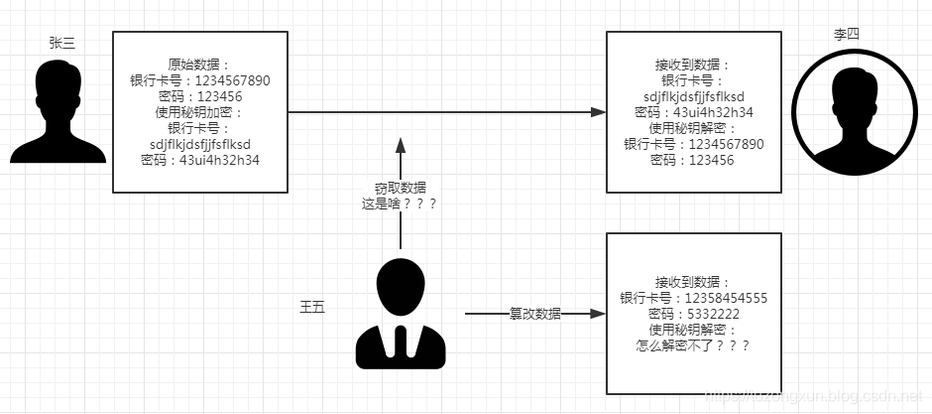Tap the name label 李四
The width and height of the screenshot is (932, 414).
click(x=846, y=33)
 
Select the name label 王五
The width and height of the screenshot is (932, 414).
click(x=312, y=306)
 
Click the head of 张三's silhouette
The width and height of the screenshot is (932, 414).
click(x=58, y=82)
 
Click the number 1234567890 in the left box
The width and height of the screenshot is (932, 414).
click(x=227, y=81)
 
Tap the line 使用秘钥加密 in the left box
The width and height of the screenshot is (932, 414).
click(x=198, y=112)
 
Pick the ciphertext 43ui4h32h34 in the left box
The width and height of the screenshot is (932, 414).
click(x=219, y=160)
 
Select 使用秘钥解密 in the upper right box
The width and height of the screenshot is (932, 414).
click(x=693, y=128)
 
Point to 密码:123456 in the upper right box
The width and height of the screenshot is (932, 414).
click(x=693, y=160)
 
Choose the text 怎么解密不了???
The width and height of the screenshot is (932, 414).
click(x=693, y=345)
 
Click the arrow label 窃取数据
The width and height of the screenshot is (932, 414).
click(x=401, y=187)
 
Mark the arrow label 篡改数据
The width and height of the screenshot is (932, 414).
click(x=534, y=314)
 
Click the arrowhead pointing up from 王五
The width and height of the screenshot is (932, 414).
click(x=401, y=145)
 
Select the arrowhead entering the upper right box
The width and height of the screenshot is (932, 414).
click(x=598, y=112)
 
